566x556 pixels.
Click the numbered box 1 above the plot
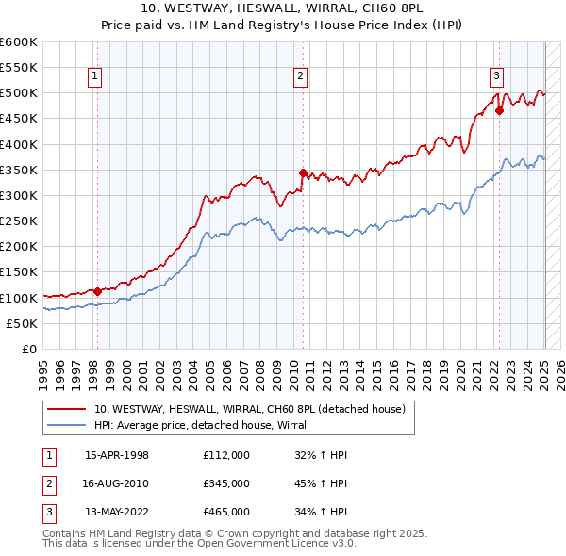point(96,78)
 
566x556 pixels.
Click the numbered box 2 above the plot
point(300,78)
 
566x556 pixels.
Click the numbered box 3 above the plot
point(496,78)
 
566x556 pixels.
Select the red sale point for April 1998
point(97,291)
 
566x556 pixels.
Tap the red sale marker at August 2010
point(303,172)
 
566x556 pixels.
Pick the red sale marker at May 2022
point(500,110)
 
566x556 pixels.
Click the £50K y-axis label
point(22,323)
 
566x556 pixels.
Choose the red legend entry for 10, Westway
point(250,409)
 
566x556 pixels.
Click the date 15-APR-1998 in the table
point(117,455)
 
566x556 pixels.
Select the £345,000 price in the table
point(226,483)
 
